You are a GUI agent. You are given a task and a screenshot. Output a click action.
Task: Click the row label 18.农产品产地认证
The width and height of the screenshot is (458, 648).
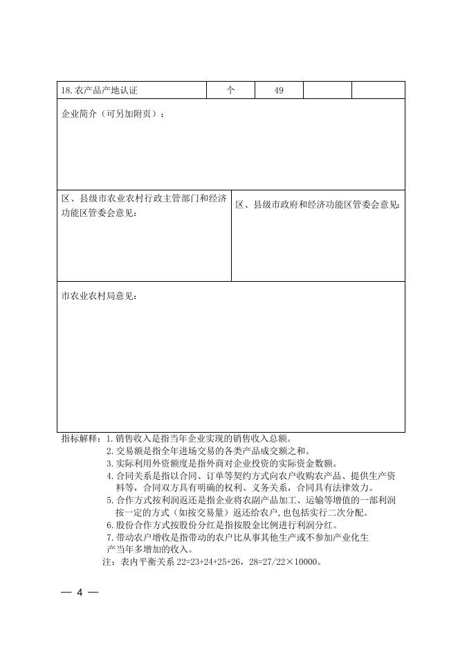pyautogui.click(x=103, y=91)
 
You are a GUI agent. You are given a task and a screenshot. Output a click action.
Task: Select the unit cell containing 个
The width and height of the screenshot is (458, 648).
pyautogui.click(x=231, y=91)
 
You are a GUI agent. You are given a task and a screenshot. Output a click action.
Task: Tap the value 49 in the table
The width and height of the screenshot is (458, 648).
pyautogui.click(x=279, y=91)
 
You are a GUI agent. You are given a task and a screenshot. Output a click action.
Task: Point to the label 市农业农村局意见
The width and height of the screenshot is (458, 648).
pyautogui.click(x=99, y=296)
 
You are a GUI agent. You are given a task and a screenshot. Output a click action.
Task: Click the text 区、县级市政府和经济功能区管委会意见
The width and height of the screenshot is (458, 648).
pyautogui.click(x=318, y=205)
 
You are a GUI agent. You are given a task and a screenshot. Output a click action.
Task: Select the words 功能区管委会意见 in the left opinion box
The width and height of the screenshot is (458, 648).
pyautogui.click(x=99, y=213)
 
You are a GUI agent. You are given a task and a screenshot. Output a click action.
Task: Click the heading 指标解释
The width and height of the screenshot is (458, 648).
pyautogui.click(x=80, y=438)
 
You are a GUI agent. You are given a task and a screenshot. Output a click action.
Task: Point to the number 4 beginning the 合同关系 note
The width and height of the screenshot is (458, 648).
pyautogui.click(x=109, y=476)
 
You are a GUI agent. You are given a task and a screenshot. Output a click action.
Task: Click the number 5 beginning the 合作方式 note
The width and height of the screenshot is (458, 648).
pyautogui.click(x=109, y=501)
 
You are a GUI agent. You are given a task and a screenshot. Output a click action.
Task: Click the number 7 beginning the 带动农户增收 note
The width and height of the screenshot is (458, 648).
pyautogui.click(x=109, y=537)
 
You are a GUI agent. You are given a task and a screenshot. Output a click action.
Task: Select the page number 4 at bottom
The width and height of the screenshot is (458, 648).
pyautogui.click(x=80, y=593)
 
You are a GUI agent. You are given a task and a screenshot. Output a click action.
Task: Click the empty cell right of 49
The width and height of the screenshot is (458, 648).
pyautogui.click(x=327, y=91)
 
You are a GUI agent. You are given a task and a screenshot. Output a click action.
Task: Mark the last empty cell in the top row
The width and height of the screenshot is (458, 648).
pyautogui.click(x=378, y=91)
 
